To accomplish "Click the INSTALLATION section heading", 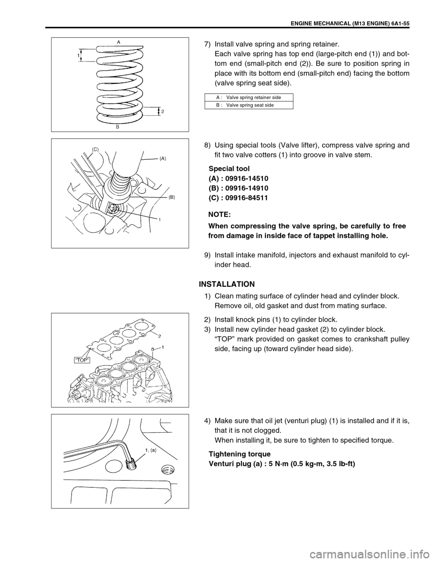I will click(227, 284).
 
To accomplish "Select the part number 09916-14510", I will click(246, 178).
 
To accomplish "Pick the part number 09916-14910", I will click(246, 188).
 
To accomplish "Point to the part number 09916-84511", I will click(246, 198).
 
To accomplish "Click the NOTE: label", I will click(219, 213).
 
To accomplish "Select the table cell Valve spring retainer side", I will click(253, 97).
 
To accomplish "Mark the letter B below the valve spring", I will click(117, 128).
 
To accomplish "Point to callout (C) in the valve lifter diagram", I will click(95, 149).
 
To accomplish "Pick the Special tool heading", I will click(229, 168).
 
